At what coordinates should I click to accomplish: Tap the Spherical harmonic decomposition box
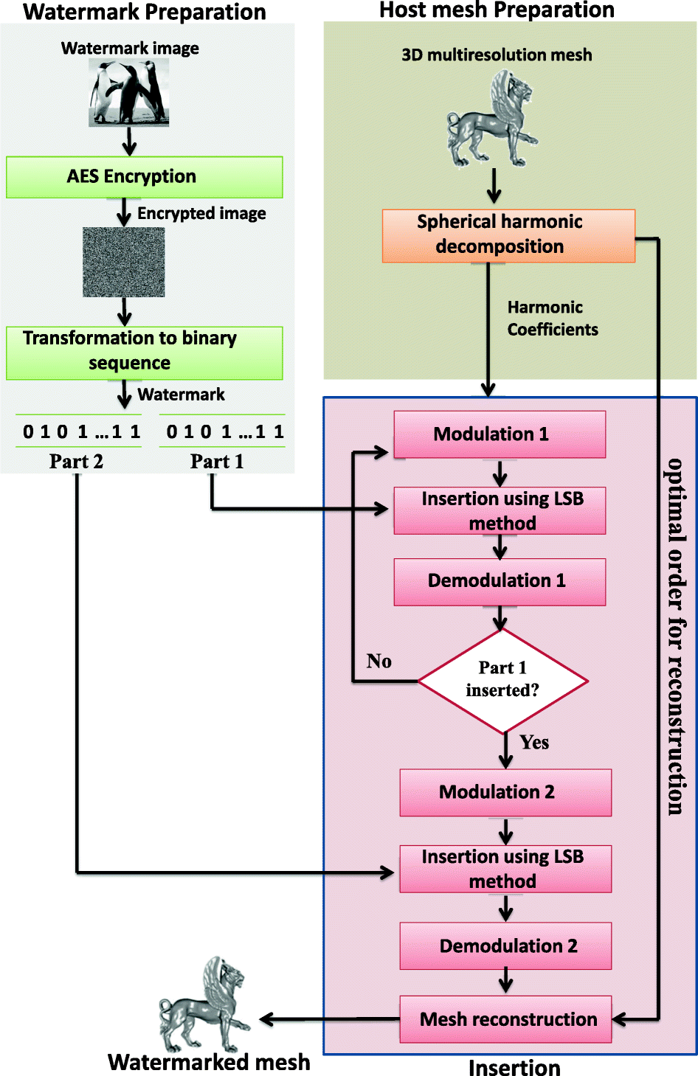[508, 235]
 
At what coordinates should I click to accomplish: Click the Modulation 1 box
[500, 434]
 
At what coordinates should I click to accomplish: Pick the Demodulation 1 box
[500, 582]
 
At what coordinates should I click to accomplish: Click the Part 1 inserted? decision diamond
[502, 680]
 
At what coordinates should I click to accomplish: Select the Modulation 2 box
[505, 792]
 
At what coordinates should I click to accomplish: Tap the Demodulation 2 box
[505, 945]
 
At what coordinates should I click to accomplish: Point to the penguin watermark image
[129, 93]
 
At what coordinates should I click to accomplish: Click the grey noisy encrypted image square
[124, 262]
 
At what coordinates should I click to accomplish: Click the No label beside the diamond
[379, 661]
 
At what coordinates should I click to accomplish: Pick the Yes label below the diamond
[534, 742]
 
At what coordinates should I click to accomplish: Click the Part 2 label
[76, 462]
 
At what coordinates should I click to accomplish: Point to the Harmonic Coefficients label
[552, 319]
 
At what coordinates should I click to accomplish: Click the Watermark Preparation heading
[145, 12]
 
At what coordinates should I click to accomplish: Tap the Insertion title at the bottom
[514, 1067]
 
